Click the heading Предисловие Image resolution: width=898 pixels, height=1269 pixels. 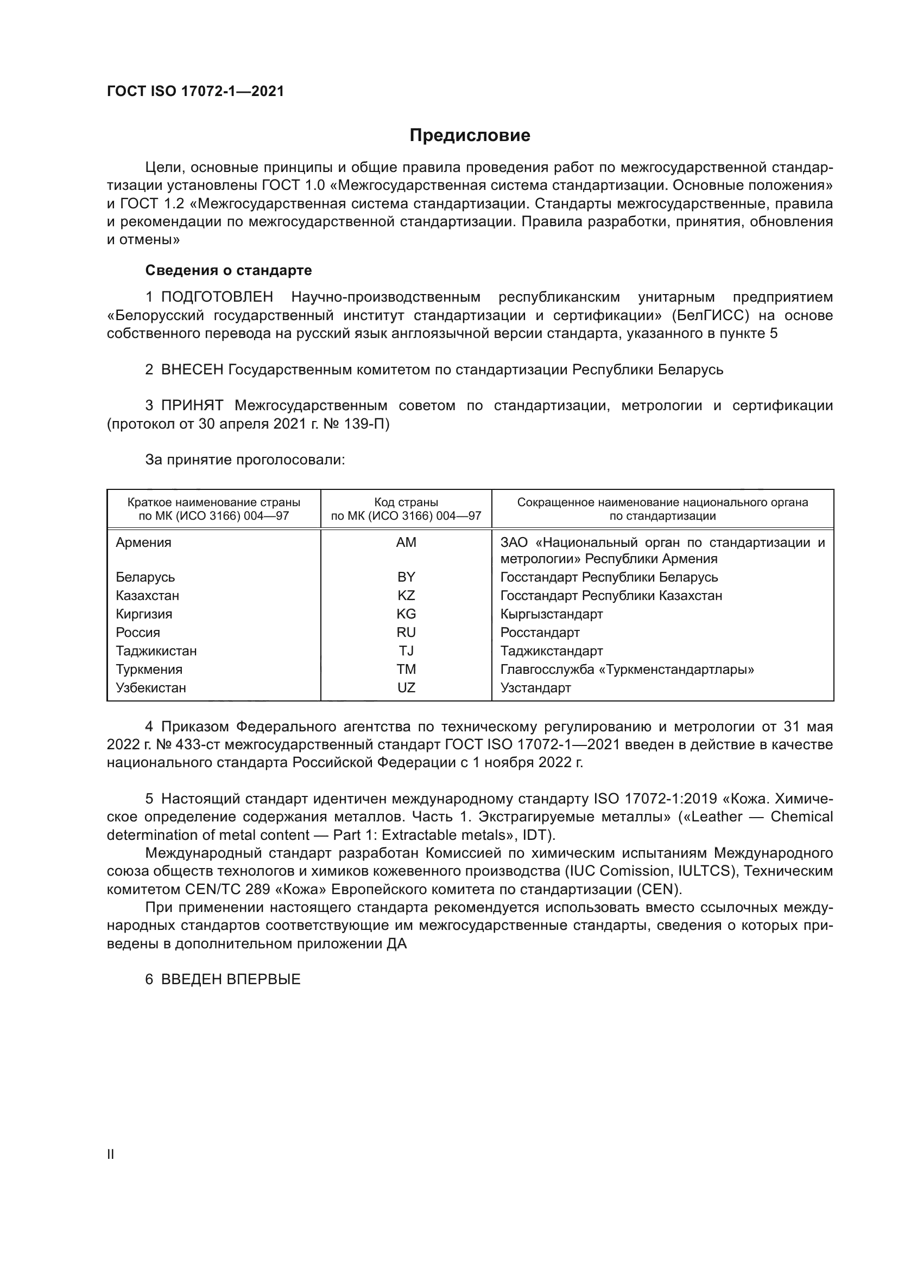pyautogui.click(x=470, y=136)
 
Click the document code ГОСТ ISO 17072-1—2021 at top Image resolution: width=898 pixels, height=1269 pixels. pyautogui.click(x=195, y=91)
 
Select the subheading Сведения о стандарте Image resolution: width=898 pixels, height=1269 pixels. pyautogui.click(x=229, y=270)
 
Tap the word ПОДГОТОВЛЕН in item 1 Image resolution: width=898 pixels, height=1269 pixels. pyautogui.click(x=217, y=297)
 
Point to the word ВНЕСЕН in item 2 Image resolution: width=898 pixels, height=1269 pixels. pyautogui.click(x=192, y=369)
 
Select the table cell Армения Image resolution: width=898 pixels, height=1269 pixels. pyautogui.click(x=144, y=542)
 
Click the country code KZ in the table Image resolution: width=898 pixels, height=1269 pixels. pyautogui.click(x=406, y=595)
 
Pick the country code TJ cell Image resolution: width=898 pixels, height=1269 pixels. pyautogui.click(x=406, y=651)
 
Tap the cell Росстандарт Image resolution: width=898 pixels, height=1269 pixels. pyautogui.click(x=540, y=632)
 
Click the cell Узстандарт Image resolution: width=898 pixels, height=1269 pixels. pyautogui.click(x=535, y=687)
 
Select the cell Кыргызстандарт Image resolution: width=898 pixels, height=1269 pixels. pyautogui.click(x=551, y=614)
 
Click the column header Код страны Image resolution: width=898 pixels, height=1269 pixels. pyautogui.click(x=406, y=502)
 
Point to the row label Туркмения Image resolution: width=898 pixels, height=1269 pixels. pyautogui.click(x=149, y=669)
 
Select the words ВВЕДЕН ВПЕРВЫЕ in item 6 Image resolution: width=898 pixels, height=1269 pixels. pyautogui.click(x=231, y=979)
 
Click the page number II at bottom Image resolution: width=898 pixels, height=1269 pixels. pyautogui.click(x=111, y=1154)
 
